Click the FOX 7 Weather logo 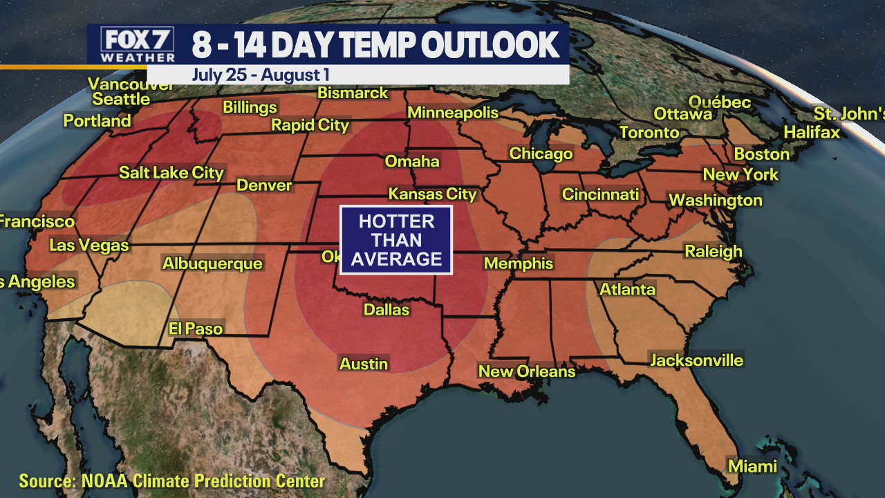point(138,44)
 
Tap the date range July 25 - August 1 point(261,75)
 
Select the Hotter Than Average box point(396,240)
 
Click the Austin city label point(364,364)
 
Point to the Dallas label point(386,310)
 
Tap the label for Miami point(752,466)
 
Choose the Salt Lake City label point(171,173)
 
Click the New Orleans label point(527,371)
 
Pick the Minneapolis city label point(453,113)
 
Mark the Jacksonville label point(696,360)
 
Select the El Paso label point(196,329)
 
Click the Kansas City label point(433,194)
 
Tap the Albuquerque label point(212,264)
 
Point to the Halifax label point(812,132)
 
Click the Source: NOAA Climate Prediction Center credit point(171,481)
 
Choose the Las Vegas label point(89,246)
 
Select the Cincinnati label point(600,194)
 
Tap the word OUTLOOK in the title point(490,45)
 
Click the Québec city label point(720,102)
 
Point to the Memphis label point(519,264)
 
